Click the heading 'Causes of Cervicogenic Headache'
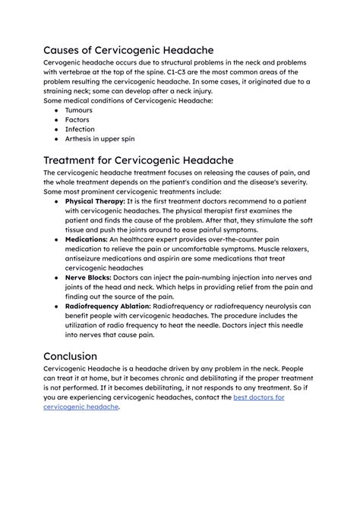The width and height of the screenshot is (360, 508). pos(128,51)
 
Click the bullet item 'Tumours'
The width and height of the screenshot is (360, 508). pos(79,110)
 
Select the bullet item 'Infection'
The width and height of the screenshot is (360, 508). pos(80,130)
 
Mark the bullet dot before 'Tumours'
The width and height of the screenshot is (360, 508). pos(58,110)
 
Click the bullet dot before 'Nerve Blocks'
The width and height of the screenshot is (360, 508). pos(58,279)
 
